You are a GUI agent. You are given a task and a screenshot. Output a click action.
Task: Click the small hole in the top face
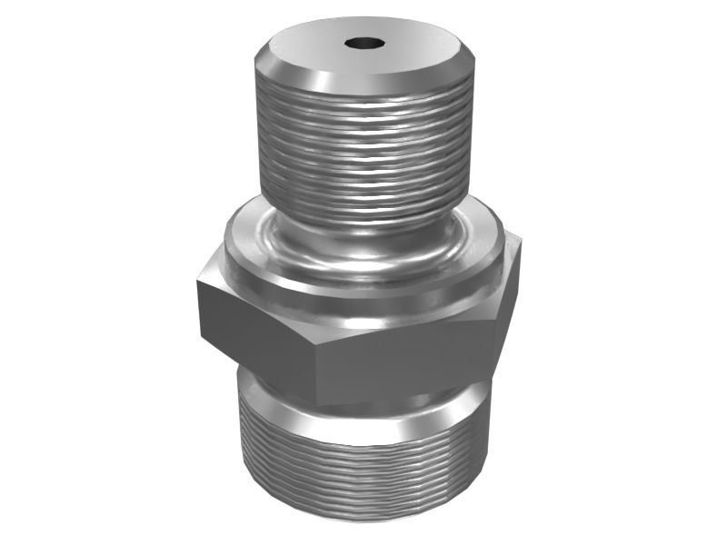tap(363, 42)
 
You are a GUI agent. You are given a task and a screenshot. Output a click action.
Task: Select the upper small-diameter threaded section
tap(363, 145)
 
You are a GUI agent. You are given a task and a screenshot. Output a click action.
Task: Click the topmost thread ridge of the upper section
tap(363, 93)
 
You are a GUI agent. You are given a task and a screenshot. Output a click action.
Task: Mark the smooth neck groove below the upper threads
tap(363, 238)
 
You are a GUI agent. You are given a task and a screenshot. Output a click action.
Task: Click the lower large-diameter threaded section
tap(363, 472)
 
